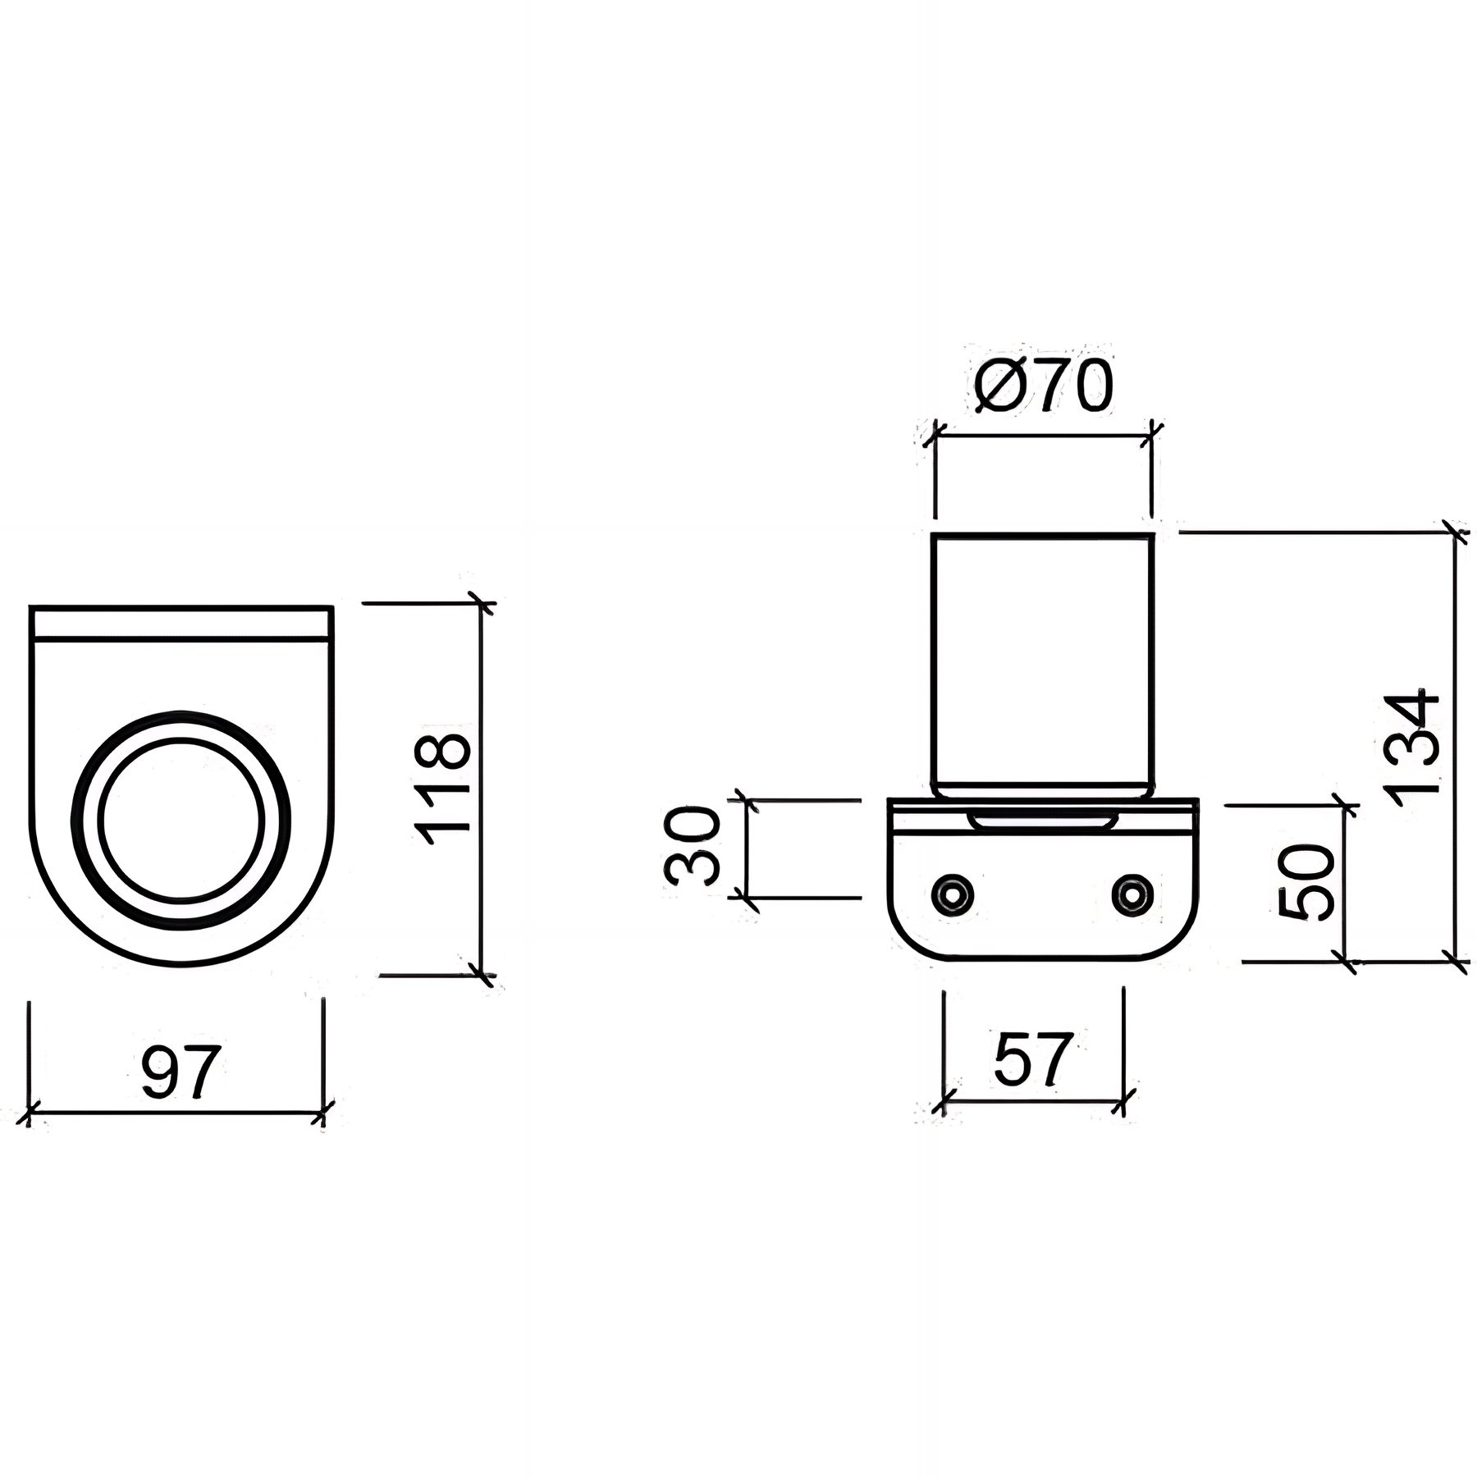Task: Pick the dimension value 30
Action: point(692,845)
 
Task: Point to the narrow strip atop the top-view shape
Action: point(181,621)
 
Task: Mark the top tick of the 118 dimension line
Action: point(480,606)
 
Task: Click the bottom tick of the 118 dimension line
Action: point(480,975)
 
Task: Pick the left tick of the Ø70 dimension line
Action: point(935,436)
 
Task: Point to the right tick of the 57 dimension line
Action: point(1125,1104)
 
